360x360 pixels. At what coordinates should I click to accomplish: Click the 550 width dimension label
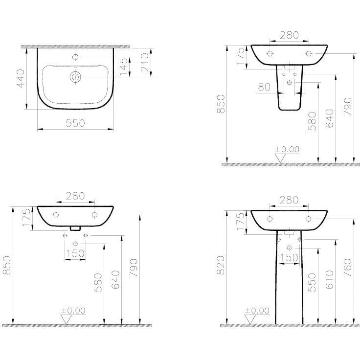coord(75,123)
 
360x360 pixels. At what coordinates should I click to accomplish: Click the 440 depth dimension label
coord(21,78)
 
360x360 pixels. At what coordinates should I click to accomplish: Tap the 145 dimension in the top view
coord(123,67)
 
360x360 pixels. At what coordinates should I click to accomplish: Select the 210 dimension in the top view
coord(145,62)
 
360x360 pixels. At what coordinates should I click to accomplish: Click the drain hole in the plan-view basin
coord(75,77)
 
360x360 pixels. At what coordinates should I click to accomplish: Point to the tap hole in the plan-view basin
coord(75,57)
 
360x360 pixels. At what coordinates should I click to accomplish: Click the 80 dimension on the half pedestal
coord(264,87)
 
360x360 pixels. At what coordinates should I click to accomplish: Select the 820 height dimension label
coord(221,265)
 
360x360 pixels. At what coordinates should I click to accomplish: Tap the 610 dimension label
coord(330,279)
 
